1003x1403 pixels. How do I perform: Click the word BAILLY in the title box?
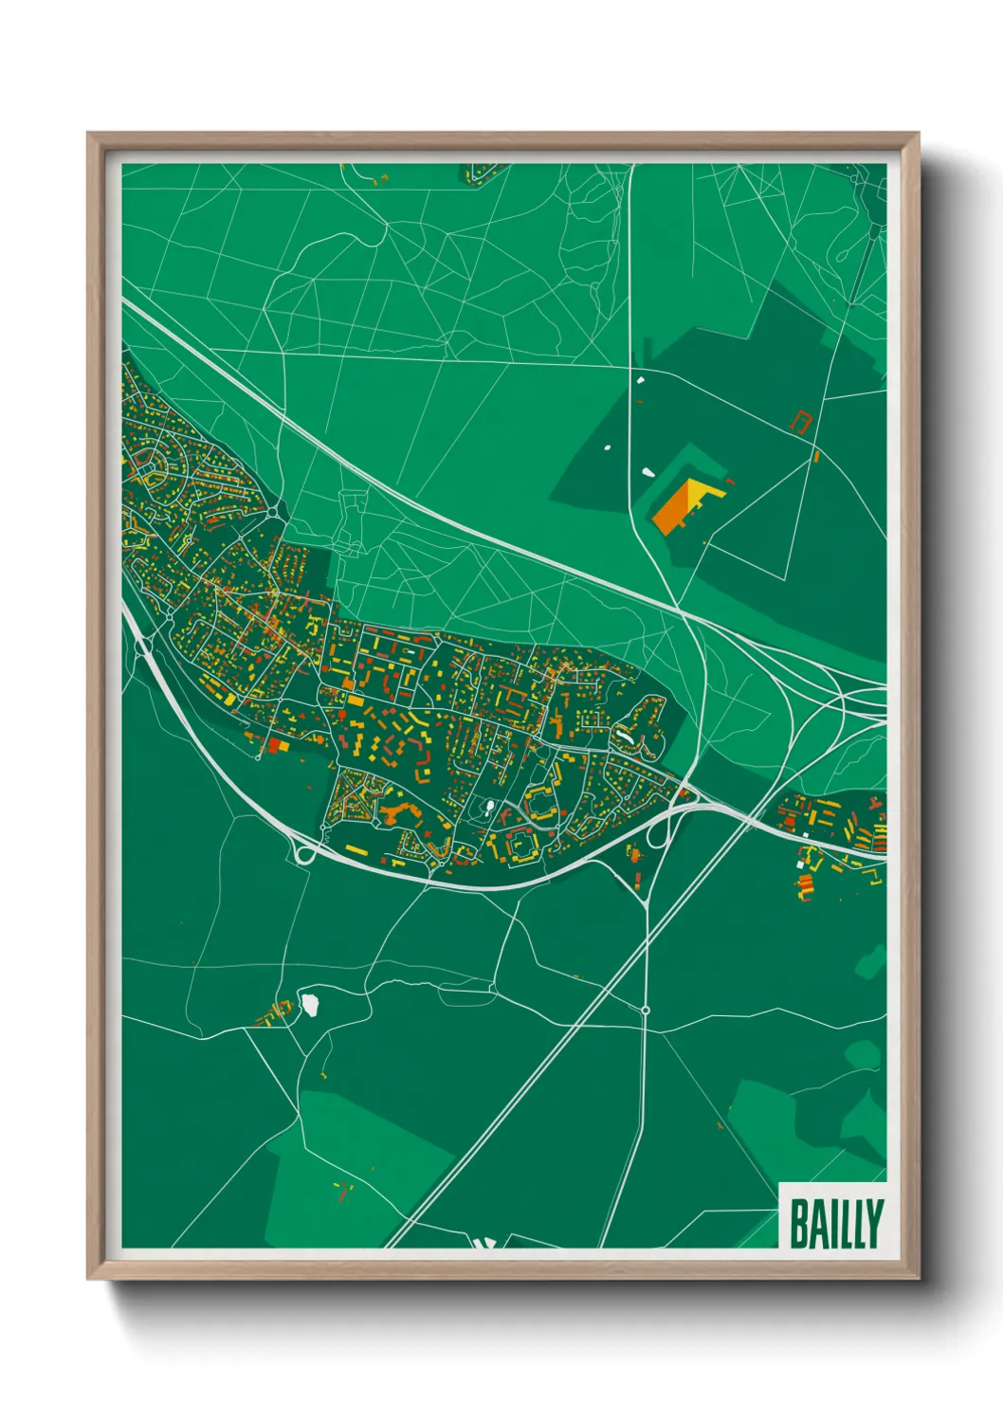click(835, 1224)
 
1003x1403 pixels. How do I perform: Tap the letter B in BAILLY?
click(799, 1224)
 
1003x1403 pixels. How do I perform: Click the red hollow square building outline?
click(802, 421)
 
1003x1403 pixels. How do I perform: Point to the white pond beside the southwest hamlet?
click(309, 1002)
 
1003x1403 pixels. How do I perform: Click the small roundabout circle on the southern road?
click(646, 1011)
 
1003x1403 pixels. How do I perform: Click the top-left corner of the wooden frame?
click(89, 135)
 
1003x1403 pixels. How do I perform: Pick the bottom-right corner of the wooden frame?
click(917, 1277)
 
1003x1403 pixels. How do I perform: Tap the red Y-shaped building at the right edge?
click(877, 805)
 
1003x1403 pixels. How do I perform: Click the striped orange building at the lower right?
click(805, 884)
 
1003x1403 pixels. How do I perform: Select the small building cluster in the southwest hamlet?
click(273, 1013)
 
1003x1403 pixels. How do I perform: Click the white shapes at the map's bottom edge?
click(483, 1243)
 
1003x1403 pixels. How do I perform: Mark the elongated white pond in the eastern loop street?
click(626, 735)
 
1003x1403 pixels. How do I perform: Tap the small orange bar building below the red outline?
click(815, 456)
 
